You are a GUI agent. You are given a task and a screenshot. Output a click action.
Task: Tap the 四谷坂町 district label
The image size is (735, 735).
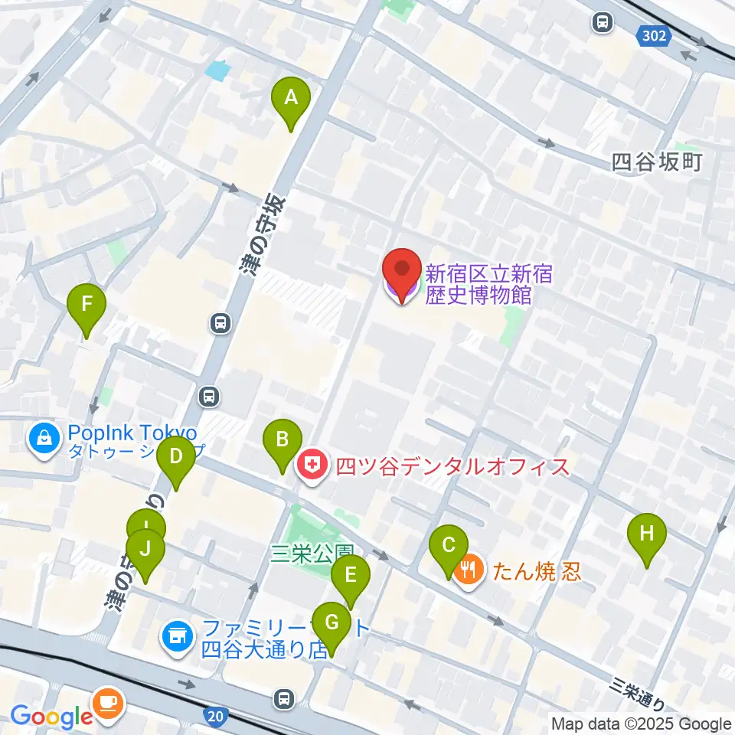[x=657, y=162]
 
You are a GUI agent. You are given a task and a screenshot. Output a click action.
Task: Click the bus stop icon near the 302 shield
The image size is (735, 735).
[x=603, y=23]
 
